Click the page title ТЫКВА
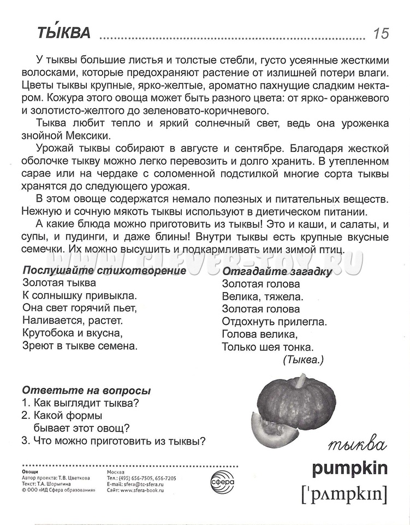(x=64, y=34)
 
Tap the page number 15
(x=381, y=34)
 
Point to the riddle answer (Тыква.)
(x=304, y=360)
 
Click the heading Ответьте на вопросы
(x=86, y=391)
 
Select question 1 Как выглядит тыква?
(x=81, y=404)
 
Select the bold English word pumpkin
(x=350, y=468)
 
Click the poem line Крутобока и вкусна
(x=73, y=333)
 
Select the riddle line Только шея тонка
(x=268, y=347)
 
